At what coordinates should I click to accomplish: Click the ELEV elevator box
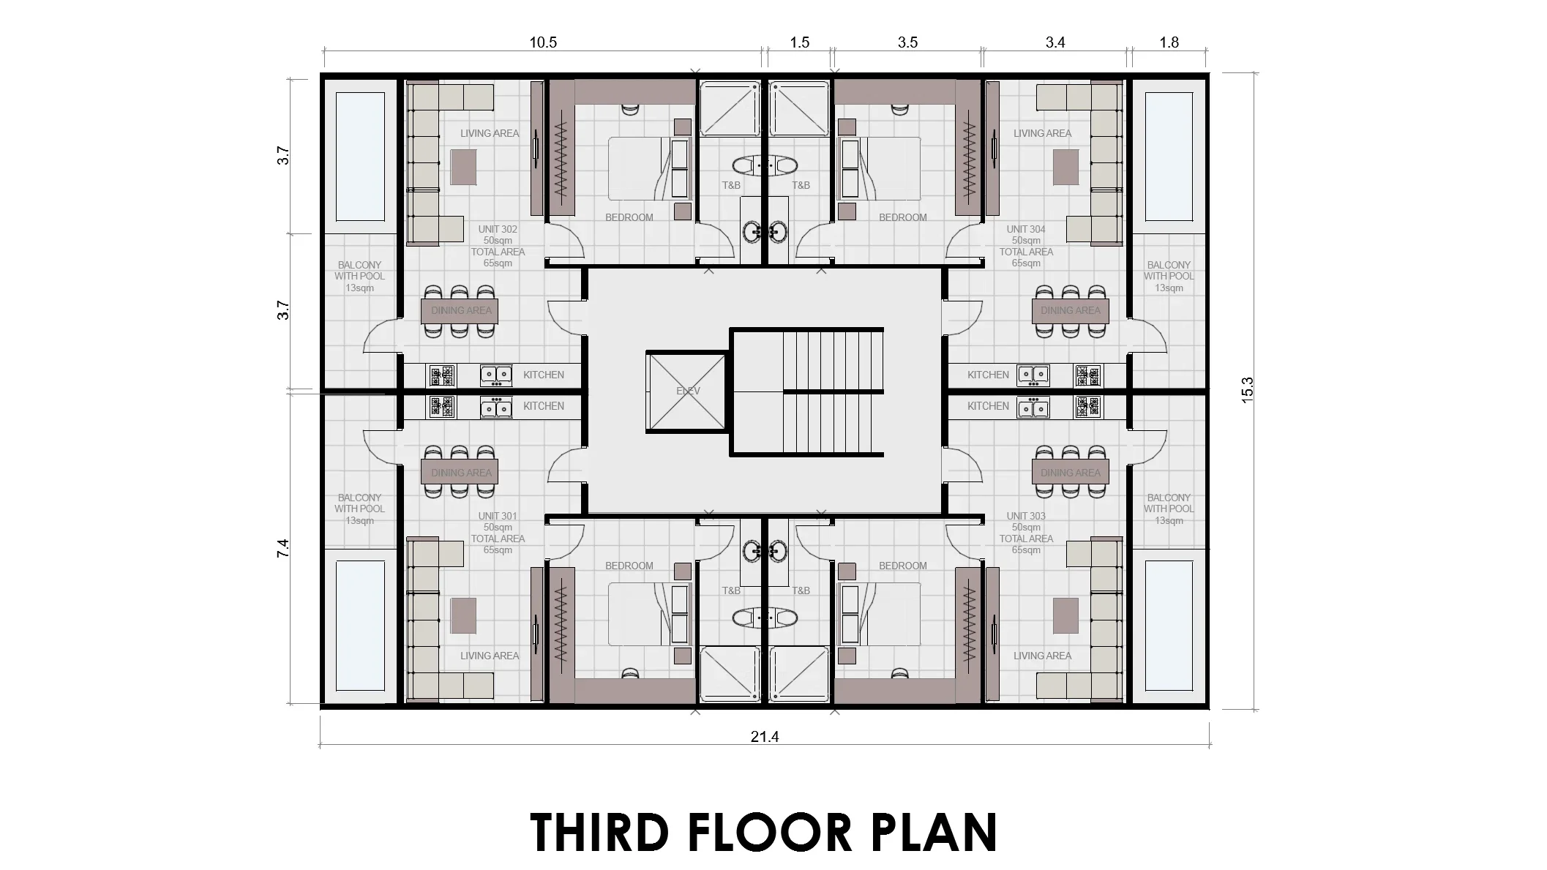click(686, 391)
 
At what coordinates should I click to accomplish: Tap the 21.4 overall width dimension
click(764, 737)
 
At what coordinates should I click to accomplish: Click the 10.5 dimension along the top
click(543, 42)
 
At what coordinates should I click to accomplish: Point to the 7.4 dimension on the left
click(283, 548)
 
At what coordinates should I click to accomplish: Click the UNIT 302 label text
click(498, 229)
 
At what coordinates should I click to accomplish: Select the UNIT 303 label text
click(1026, 516)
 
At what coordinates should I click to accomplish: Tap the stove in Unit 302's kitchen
click(441, 375)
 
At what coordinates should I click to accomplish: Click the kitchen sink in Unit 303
click(1033, 407)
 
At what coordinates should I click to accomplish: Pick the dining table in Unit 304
click(1071, 311)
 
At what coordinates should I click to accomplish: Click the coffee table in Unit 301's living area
click(463, 615)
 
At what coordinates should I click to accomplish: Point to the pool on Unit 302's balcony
click(360, 157)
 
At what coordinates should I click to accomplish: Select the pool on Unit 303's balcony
click(1169, 626)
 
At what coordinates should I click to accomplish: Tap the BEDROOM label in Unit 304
click(902, 217)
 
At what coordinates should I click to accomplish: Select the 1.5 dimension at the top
click(799, 42)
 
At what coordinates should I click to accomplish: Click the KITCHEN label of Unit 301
click(543, 406)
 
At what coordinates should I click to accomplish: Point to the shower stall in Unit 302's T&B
click(729, 108)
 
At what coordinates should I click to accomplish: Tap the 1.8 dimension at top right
click(1169, 42)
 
